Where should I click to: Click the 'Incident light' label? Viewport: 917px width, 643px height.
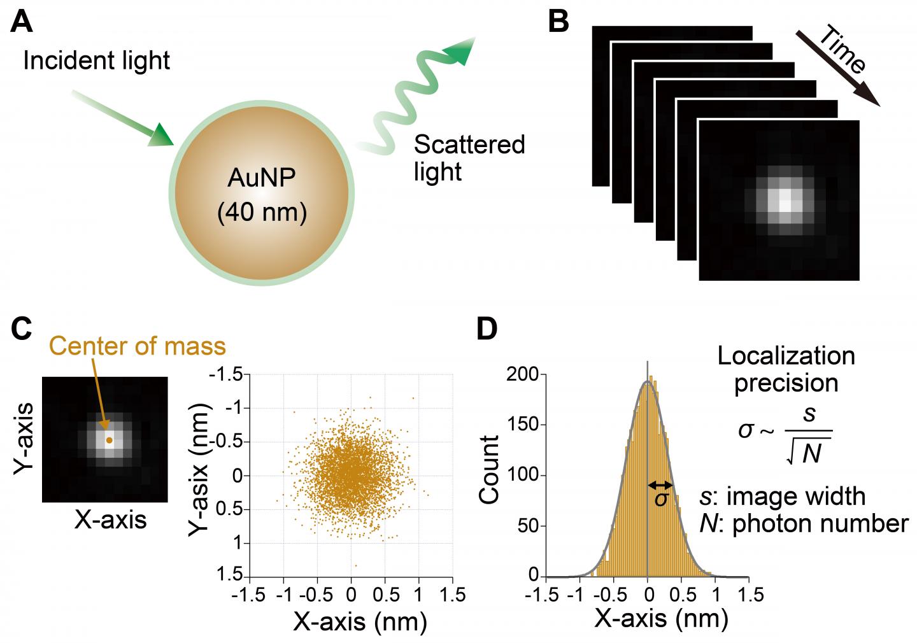[97, 60]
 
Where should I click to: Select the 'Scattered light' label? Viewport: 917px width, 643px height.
[469, 158]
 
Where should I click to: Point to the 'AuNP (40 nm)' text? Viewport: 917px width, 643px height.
[262, 194]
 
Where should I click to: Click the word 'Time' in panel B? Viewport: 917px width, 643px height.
[842, 50]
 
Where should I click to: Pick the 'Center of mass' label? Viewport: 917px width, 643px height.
[137, 346]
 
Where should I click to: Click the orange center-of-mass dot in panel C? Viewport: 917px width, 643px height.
[109, 440]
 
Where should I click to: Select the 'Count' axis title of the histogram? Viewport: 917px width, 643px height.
[489, 469]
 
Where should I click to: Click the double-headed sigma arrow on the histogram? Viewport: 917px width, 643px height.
[660, 485]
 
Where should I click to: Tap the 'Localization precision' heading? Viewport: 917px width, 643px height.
[786, 369]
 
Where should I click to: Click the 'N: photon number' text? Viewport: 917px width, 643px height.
[804, 523]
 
